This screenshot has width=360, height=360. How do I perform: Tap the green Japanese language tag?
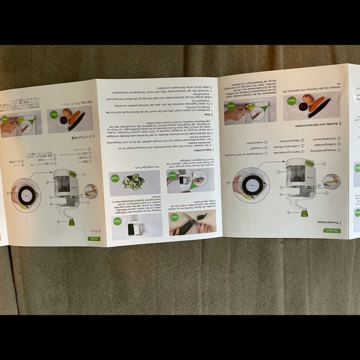click(x=93, y=238)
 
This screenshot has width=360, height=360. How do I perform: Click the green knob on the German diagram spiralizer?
click(x=304, y=213)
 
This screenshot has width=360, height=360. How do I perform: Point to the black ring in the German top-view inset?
click(x=249, y=184)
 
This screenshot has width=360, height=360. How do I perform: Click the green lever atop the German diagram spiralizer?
click(x=309, y=163)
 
